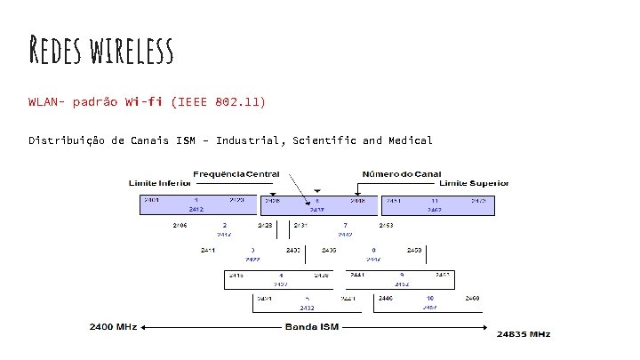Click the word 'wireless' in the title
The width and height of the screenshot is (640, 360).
tap(131, 52)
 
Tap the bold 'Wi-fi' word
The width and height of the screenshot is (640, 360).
tap(144, 101)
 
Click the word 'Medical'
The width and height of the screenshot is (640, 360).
tap(410, 140)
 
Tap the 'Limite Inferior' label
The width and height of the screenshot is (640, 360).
tap(160, 183)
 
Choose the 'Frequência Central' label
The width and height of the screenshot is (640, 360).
tap(236, 173)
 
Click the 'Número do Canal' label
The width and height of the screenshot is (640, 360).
tap(397, 173)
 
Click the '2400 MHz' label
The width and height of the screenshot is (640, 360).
tap(113, 327)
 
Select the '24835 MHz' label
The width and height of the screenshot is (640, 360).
tap(524, 334)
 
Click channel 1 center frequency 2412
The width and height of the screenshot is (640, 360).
tap(196, 210)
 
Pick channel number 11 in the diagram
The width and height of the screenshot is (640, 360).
tap(435, 202)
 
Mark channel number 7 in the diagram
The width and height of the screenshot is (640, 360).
tap(344, 226)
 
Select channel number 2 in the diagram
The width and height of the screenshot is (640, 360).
tap(225, 226)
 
